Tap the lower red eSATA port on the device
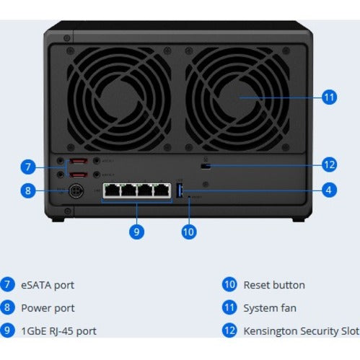pyautogui.click(x=81, y=175)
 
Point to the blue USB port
pyautogui.click(x=180, y=191)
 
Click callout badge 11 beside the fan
pyautogui.click(x=329, y=97)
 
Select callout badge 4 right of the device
pyautogui.click(x=329, y=191)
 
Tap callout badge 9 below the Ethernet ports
pyautogui.click(x=137, y=232)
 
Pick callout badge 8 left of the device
pyautogui.click(x=28, y=191)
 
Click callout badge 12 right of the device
pyautogui.click(x=329, y=165)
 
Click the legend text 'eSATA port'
pyautogui.click(x=48, y=285)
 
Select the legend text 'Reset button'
pyautogui.click(x=273, y=285)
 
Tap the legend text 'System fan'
pyautogui.click(x=270, y=308)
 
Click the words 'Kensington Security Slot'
pyautogui.click(x=301, y=331)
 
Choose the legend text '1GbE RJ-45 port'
pyautogui.click(x=60, y=331)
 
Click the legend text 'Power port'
pyautogui.click(x=48, y=308)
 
